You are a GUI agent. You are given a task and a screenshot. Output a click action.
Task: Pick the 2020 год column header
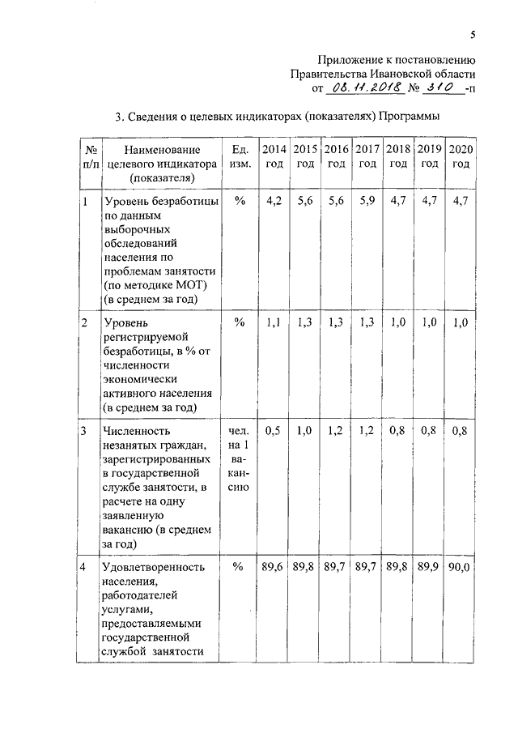coord(461,156)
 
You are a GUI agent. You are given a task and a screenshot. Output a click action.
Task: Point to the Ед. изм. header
coord(240,156)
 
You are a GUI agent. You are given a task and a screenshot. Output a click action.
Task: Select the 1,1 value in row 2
coord(273,322)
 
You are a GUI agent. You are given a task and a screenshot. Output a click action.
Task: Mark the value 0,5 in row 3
coord(273,430)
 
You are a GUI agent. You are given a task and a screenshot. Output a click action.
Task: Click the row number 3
coord(84,430)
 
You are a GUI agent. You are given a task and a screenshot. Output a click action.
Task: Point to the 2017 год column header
coord(367,156)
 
